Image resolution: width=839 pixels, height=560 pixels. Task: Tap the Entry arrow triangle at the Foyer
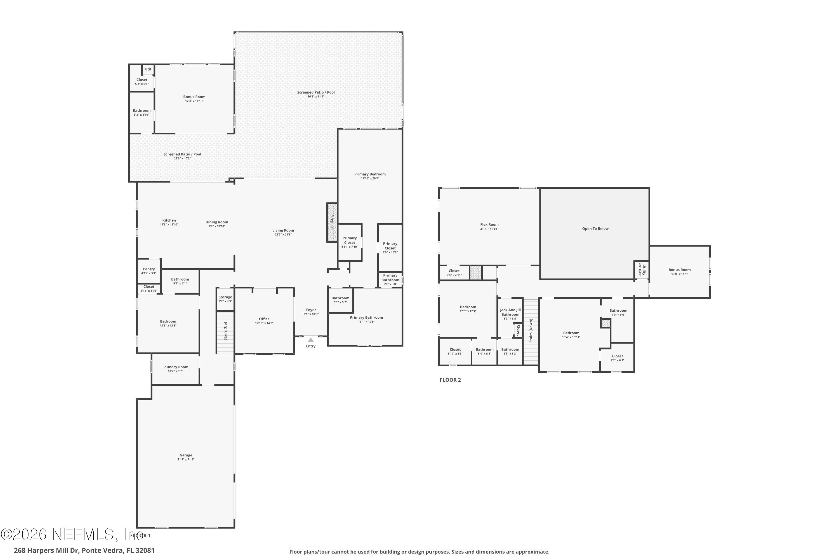pyautogui.click(x=311, y=340)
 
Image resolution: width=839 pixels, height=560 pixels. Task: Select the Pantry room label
pyautogui.click(x=149, y=269)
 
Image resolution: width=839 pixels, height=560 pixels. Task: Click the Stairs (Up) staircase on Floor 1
pyautogui.click(x=225, y=332)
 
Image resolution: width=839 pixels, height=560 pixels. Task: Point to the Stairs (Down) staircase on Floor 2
pyautogui.click(x=531, y=332)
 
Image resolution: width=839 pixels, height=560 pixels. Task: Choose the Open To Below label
pyautogui.click(x=595, y=228)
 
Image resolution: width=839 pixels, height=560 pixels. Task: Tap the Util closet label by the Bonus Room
pyautogui.click(x=148, y=69)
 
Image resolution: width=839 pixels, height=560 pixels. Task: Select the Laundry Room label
pyautogui.click(x=175, y=367)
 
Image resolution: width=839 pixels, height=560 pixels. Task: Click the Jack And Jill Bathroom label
pyautogui.click(x=510, y=312)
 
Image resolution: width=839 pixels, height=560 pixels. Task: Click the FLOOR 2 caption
pyautogui.click(x=450, y=380)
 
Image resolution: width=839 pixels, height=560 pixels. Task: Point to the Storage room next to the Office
pyautogui.click(x=225, y=298)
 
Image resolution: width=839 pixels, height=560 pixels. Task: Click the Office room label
pyautogui.click(x=264, y=319)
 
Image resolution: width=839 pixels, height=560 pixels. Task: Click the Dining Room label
pyautogui.click(x=216, y=222)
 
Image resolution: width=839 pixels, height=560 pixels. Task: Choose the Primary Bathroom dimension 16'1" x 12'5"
pyautogui.click(x=366, y=321)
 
